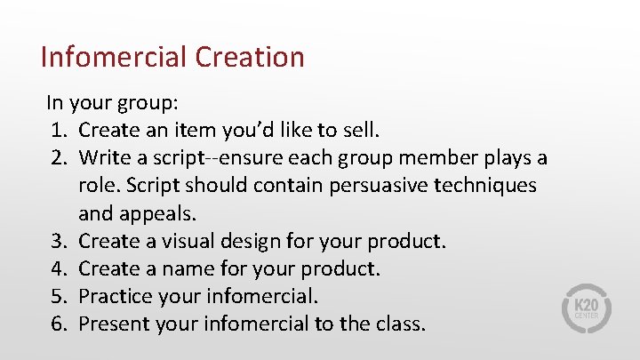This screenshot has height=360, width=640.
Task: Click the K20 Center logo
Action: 584,308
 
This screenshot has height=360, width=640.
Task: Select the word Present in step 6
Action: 113,324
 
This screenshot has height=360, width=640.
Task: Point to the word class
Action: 402,324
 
